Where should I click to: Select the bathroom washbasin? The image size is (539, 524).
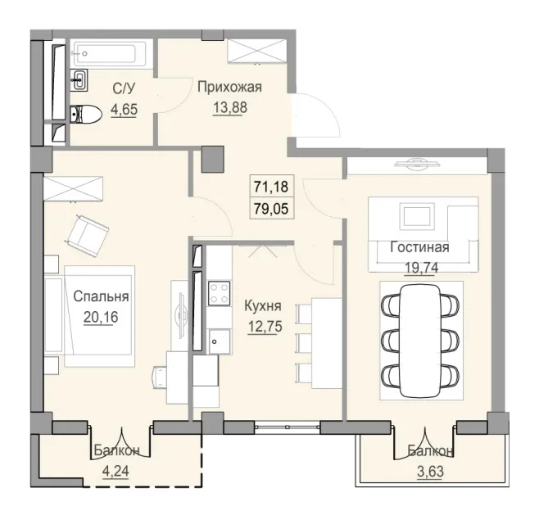(x=80, y=79)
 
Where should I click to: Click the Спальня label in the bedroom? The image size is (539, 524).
(x=100, y=297)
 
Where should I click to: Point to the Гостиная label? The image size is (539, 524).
(x=419, y=247)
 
